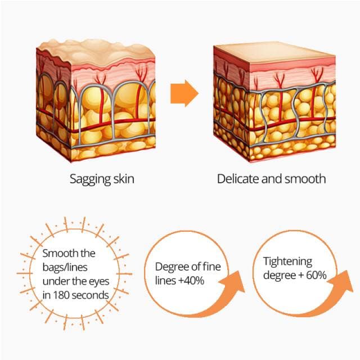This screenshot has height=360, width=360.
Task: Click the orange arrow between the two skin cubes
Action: click(x=184, y=93)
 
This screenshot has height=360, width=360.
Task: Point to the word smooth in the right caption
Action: click(x=305, y=179)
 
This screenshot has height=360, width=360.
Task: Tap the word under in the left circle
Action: click(x=55, y=281)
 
